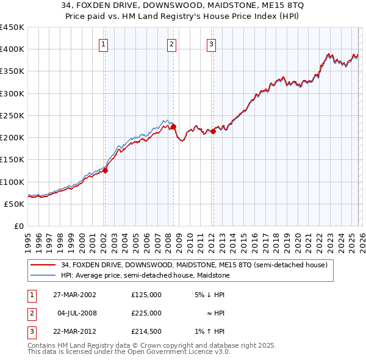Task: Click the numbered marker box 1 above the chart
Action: [x=104, y=44]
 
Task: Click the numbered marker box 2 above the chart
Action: [x=172, y=44]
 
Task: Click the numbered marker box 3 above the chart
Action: [x=211, y=44]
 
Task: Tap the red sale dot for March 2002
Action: [x=105, y=171]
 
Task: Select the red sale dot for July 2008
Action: [x=173, y=127]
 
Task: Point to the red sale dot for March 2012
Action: [x=213, y=131]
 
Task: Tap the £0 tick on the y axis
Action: [x=18, y=226]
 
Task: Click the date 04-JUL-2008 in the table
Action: [x=78, y=313]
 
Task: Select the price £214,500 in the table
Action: [x=146, y=331]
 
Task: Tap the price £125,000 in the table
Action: [x=146, y=295]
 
